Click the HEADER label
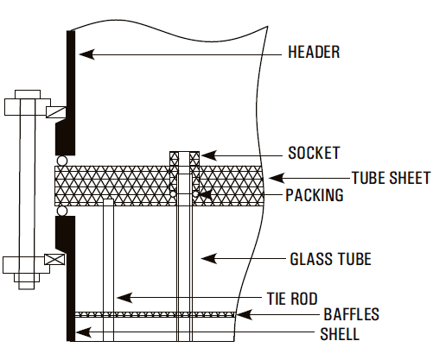click(x=314, y=52)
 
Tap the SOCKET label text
click(x=314, y=153)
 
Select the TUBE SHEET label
click(x=391, y=178)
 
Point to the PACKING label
click(x=315, y=195)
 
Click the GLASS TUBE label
click(x=330, y=259)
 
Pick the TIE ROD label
click(x=292, y=299)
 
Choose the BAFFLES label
click(x=351, y=314)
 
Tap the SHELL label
click(x=340, y=334)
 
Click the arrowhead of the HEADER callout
click(x=86, y=54)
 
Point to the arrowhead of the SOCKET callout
click(x=209, y=155)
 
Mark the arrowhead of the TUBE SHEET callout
click(x=277, y=178)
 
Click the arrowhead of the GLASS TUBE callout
click(x=209, y=258)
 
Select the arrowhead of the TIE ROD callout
click(x=124, y=298)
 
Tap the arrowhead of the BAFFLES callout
click(x=245, y=314)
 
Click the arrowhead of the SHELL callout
click(x=84, y=332)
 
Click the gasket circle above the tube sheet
click(x=61, y=161)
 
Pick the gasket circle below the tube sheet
click(x=62, y=211)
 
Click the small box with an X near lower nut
click(x=54, y=259)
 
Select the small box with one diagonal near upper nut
click(x=56, y=112)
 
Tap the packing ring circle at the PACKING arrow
click(x=195, y=194)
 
